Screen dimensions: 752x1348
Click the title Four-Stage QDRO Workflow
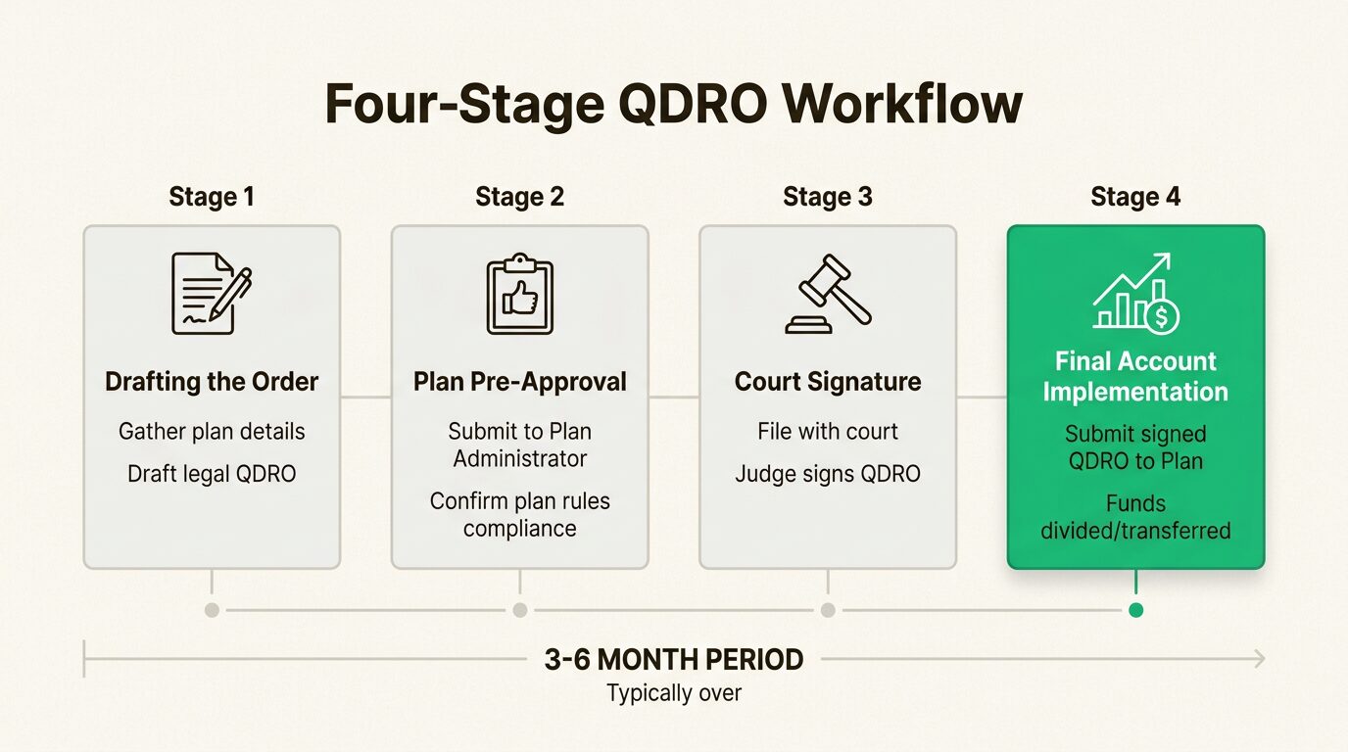[x=673, y=105]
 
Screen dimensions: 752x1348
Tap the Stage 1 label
[x=212, y=197]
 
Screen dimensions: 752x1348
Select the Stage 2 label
[x=519, y=197]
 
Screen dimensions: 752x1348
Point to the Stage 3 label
[x=828, y=197]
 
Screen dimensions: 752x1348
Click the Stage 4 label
[x=1135, y=197]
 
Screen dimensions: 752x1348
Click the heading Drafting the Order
[x=212, y=382]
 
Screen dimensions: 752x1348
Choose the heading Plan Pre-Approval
[x=519, y=382]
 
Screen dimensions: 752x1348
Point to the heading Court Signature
[x=828, y=382]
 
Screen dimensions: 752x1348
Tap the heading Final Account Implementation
[x=1135, y=376]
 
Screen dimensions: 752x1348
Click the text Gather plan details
[x=212, y=431]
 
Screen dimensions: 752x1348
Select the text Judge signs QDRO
[x=828, y=474]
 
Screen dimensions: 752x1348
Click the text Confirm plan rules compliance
[x=519, y=515]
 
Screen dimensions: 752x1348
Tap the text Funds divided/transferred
[x=1135, y=517]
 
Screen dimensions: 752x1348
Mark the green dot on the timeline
[x=1135, y=610]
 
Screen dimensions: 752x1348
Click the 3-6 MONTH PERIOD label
[x=674, y=660]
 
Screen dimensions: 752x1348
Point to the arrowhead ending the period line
[x=1259, y=660]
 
